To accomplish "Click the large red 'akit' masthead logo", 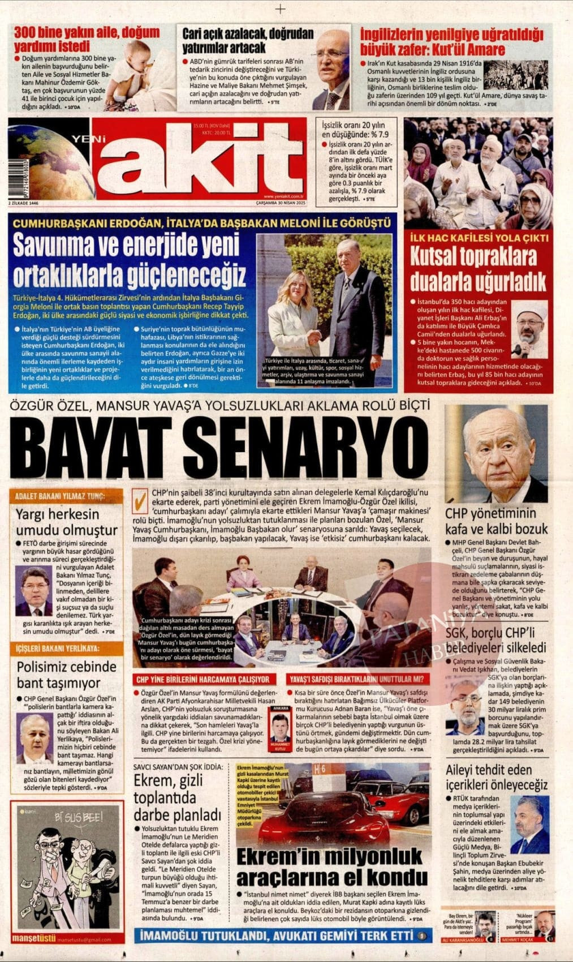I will click(x=192, y=158).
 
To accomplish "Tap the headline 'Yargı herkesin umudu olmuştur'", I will click(x=67, y=522).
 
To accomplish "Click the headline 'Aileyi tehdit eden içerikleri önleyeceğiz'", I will click(x=497, y=777).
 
